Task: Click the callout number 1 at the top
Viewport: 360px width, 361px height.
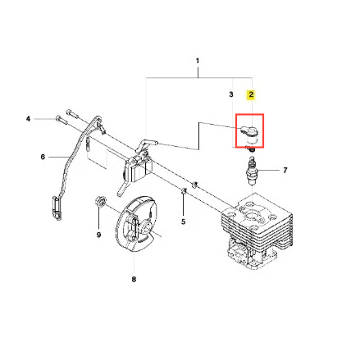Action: click(x=198, y=61)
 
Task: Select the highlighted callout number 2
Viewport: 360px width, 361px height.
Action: click(x=251, y=94)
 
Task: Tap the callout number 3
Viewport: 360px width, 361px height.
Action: click(x=231, y=94)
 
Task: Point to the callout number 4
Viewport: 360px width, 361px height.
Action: click(x=28, y=119)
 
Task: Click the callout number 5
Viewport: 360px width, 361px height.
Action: click(x=183, y=222)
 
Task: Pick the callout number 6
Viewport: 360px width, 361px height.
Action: click(x=43, y=157)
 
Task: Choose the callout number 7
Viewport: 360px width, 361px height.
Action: click(x=285, y=171)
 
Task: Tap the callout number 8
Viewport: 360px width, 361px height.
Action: click(x=134, y=279)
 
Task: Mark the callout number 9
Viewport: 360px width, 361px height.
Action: click(x=98, y=235)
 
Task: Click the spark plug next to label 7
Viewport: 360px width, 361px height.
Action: click(x=252, y=171)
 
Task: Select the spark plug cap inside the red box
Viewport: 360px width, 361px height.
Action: click(x=250, y=135)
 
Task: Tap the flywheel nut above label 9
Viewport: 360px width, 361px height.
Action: click(x=100, y=201)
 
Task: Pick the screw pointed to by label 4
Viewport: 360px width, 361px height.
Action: click(x=61, y=120)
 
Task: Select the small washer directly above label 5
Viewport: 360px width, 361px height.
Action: click(x=184, y=190)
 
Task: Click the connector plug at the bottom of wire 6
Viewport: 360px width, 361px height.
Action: click(x=57, y=208)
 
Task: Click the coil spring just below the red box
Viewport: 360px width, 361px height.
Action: click(x=251, y=149)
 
